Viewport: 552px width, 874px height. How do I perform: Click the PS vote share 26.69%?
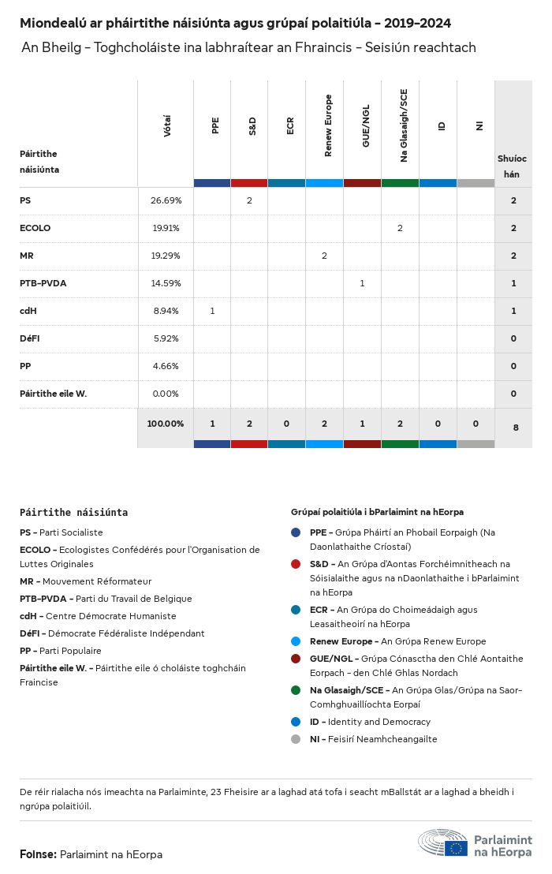[x=166, y=200]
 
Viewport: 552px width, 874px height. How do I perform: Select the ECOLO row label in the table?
[x=35, y=228]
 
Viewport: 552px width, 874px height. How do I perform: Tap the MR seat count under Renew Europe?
[x=324, y=256]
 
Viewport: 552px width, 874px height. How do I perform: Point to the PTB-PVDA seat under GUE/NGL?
[x=362, y=283]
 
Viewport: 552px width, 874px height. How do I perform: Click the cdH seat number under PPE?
[x=212, y=311]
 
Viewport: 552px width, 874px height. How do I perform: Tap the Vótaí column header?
[x=167, y=126]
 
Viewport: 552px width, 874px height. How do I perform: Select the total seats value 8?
[x=516, y=428]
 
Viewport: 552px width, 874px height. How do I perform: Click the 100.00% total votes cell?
[x=166, y=424]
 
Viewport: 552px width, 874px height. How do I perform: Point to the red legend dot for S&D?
[x=296, y=564]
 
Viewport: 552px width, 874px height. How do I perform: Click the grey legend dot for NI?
[x=296, y=739]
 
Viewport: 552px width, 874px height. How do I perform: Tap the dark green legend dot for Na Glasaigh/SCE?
[x=296, y=690]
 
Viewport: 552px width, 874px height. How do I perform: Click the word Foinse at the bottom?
[x=37, y=854]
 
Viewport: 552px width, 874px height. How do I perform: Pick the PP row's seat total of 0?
[x=513, y=366]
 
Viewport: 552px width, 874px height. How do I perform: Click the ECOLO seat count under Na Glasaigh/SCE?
[x=400, y=228]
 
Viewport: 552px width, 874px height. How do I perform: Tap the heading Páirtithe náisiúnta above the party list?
[x=73, y=512]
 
